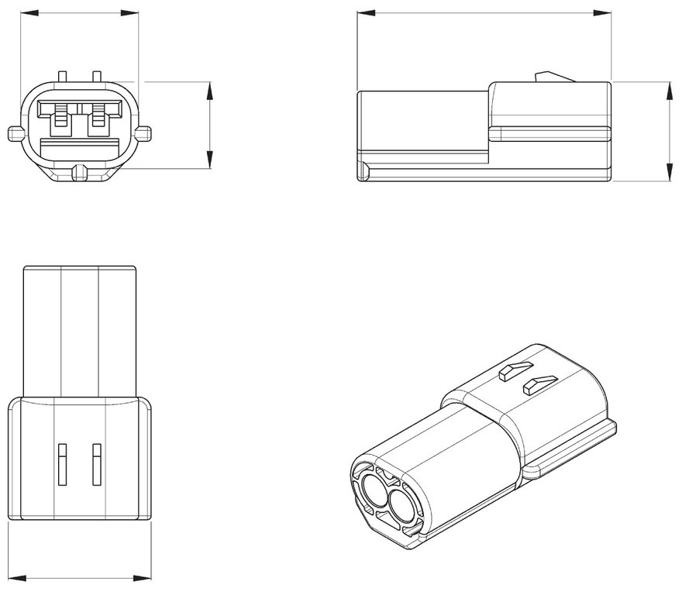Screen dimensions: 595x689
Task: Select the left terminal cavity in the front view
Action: pyautogui.click(x=59, y=117)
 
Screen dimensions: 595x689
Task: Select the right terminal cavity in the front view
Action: pyautogui.click(x=98, y=117)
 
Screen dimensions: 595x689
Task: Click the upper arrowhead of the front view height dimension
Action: pyautogui.click(x=209, y=87)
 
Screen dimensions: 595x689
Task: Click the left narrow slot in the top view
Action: pyautogui.click(x=60, y=463)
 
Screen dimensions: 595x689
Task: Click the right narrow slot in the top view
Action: pyautogui.click(x=97, y=463)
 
